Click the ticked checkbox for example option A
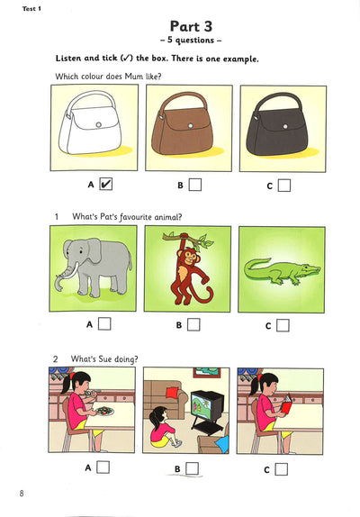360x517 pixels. [105, 184]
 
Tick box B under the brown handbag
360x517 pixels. [195, 185]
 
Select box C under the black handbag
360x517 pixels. [284, 186]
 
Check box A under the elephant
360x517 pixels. [104, 323]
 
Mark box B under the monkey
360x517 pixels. [193, 325]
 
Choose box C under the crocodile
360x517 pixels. [283, 325]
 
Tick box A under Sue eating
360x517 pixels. [103, 467]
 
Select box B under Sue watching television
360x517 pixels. [193, 468]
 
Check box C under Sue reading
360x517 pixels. [282, 469]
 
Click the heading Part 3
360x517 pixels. [191, 26]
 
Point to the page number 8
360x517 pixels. [22, 494]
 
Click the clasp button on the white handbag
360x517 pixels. [98, 124]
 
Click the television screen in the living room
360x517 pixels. [202, 404]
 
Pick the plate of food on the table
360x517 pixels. [104, 411]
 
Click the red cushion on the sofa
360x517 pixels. [172, 393]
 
